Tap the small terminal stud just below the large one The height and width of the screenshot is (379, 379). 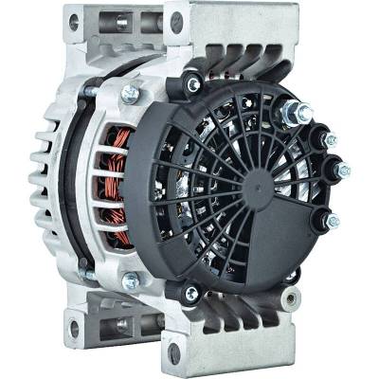[x=328, y=140]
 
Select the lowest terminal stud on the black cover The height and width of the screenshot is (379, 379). [x=331, y=222]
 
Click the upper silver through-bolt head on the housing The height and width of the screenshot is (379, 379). [x=130, y=94]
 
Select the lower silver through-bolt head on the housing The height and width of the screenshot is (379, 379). [x=130, y=280]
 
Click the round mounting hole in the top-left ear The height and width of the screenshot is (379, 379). [x=74, y=22]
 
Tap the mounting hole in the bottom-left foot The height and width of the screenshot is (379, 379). [x=72, y=328]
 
